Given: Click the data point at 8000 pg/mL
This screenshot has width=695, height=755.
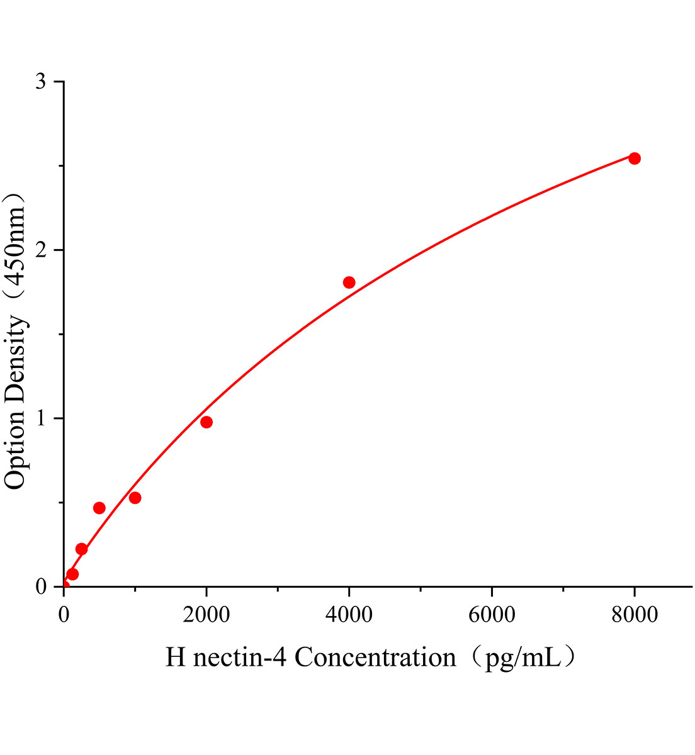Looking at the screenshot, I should tap(635, 158).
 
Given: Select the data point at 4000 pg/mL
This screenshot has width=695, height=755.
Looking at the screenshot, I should tap(349, 282).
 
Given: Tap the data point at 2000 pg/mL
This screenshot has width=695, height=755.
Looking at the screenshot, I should tap(206, 422).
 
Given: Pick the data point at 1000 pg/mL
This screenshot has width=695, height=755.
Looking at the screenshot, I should tap(135, 498).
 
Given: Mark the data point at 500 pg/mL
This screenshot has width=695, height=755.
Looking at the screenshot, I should tap(99, 508).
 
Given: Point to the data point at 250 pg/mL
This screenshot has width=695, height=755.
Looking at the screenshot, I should tap(81, 549).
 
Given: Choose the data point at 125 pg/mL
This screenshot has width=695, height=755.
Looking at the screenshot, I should tap(72, 574).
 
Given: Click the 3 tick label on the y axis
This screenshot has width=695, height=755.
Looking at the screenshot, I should tap(41, 82).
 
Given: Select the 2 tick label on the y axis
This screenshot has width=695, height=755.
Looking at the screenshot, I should tap(41, 250).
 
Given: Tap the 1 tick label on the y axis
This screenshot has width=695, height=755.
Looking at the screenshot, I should tap(41, 418).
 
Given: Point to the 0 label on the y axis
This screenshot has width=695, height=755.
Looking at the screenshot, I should tap(41, 586).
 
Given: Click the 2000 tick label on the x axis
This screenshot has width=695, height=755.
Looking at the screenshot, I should tap(206, 614).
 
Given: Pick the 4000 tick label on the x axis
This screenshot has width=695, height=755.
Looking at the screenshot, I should tap(349, 614).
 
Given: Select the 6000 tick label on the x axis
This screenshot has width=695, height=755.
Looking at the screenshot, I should tap(492, 614).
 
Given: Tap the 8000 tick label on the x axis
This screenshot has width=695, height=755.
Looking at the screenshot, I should tap(635, 614).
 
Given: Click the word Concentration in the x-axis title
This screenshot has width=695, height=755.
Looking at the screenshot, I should tap(375, 657).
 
